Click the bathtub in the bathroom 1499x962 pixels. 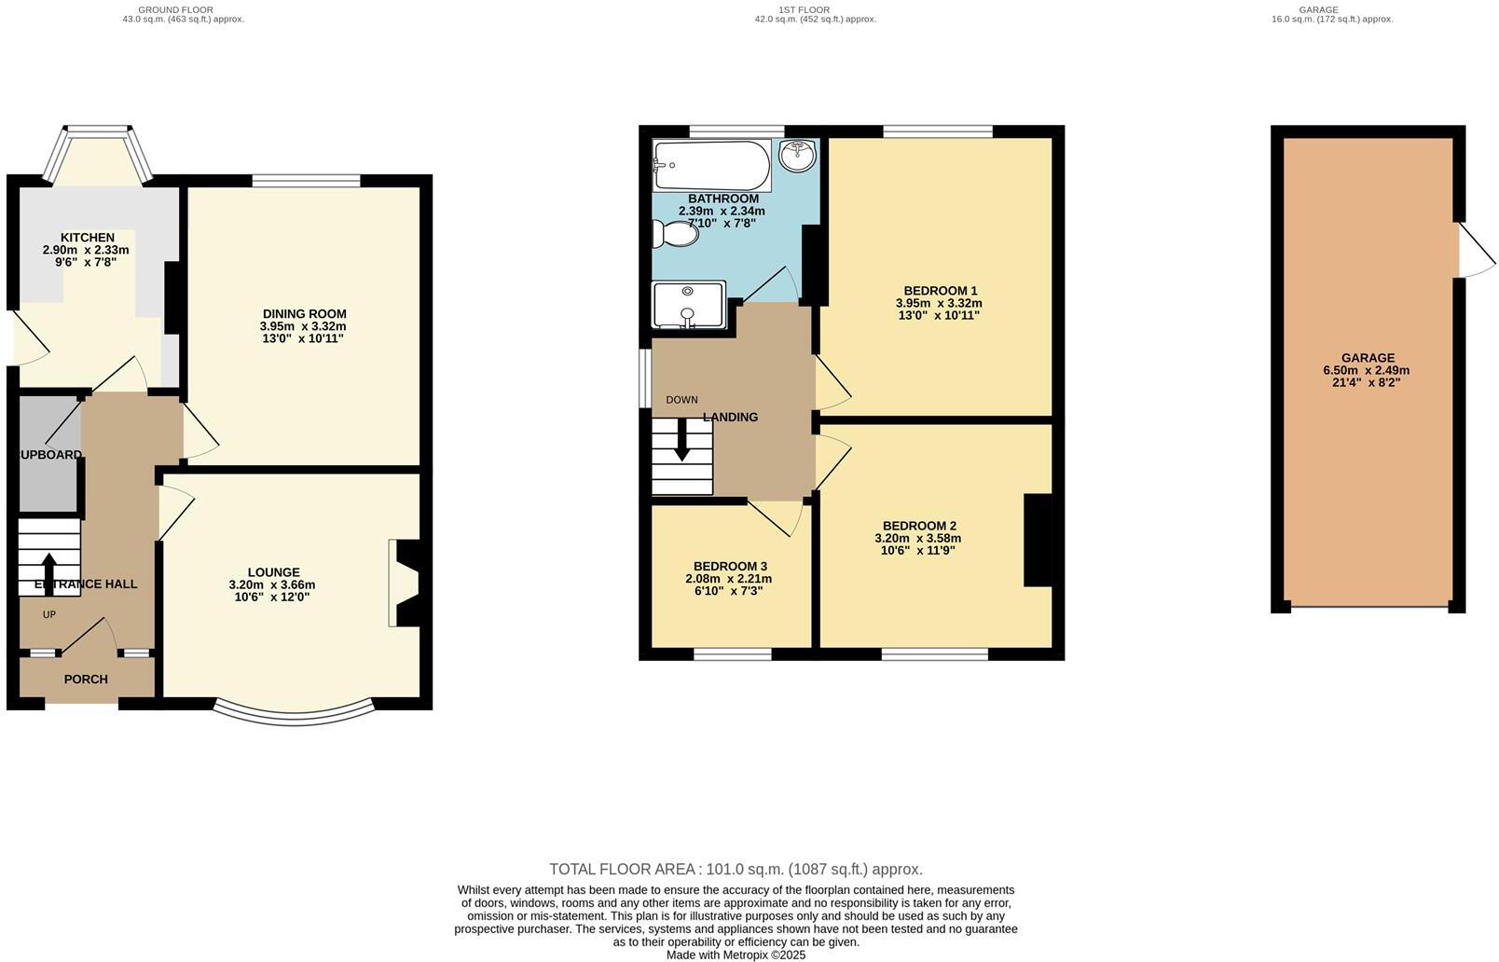pyautogui.click(x=712, y=165)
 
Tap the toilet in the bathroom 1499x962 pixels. pyautogui.click(x=676, y=233)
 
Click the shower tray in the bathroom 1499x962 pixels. pyautogui.click(x=688, y=305)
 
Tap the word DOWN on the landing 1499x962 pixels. pyautogui.click(x=681, y=400)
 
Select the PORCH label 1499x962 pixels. pyautogui.click(x=86, y=680)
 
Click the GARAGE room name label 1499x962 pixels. pyautogui.click(x=1368, y=358)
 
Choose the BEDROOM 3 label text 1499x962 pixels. pyautogui.click(x=730, y=566)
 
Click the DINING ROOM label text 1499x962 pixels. pyautogui.click(x=304, y=314)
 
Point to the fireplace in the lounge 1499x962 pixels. pyautogui.click(x=404, y=583)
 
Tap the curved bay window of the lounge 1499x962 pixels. pyautogui.click(x=294, y=715)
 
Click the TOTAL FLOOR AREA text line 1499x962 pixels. pyautogui.click(x=736, y=869)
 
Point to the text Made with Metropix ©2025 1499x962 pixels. pyautogui.click(x=736, y=955)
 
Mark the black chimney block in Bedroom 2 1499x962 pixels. pyautogui.click(x=1037, y=540)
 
